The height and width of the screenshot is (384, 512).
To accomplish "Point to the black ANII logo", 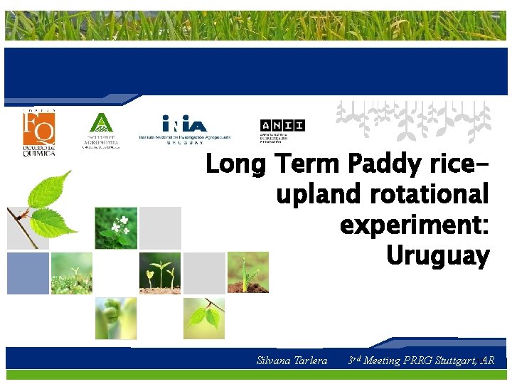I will pyautogui.click(x=282, y=129).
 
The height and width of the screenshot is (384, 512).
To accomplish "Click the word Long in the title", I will pyautogui.click(x=235, y=165).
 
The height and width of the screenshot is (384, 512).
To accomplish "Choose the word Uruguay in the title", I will pyautogui.click(x=437, y=255).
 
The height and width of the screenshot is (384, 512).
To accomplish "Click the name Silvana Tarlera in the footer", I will pyautogui.click(x=292, y=361).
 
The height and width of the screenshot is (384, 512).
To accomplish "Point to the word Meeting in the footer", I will pyautogui.click(x=382, y=361).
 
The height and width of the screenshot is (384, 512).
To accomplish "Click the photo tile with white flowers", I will pyautogui.click(x=116, y=228).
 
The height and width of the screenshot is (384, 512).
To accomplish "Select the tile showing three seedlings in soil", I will pyautogui.click(x=160, y=272).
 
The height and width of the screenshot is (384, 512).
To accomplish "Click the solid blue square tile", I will pyautogui.click(x=28, y=273).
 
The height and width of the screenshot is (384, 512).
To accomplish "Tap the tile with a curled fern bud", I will pyautogui.click(x=116, y=318).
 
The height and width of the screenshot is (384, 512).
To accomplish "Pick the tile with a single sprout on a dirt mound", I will pyautogui.click(x=248, y=272).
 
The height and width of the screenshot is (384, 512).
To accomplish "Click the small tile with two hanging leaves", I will pyautogui.click(x=204, y=318).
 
